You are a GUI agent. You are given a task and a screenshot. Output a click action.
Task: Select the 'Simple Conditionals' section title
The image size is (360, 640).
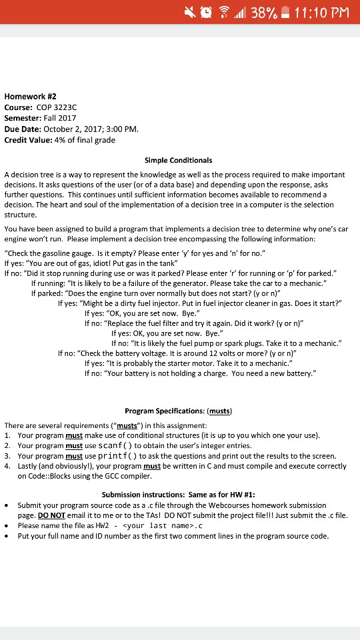tap(178, 160)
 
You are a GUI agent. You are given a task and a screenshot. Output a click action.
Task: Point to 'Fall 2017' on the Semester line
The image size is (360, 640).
tap(60, 117)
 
